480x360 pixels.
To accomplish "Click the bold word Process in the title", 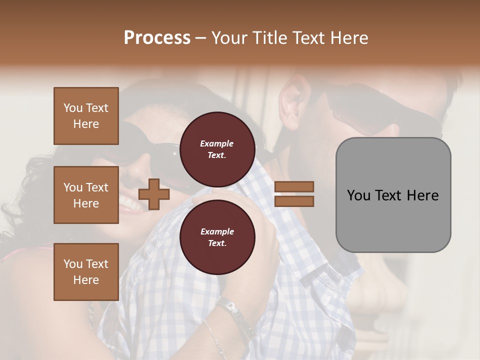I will coord(157,38).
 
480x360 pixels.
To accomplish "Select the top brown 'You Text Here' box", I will coord(86,116).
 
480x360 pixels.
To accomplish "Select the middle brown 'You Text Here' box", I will coord(86,195).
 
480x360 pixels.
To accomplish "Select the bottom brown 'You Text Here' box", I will coord(86,271).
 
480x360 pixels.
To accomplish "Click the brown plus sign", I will coord(153,194).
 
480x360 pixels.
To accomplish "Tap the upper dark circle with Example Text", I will coord(217,149).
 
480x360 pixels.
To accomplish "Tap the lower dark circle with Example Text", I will coord(217,237).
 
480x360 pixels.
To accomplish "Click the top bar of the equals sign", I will coord(294,187).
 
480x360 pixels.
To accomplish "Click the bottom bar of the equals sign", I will coord(294,201).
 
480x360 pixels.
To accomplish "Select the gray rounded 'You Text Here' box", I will coord(393,195).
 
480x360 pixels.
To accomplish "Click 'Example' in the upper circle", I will coord(216,143).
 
